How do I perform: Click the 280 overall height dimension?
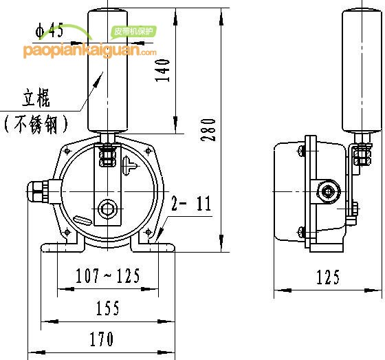(x=208, y=130)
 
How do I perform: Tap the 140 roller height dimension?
(x=162, y=70)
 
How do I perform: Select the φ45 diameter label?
(x=49, y=30)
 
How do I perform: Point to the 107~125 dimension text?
(x=107, y=275)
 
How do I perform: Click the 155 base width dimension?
(x=107, y=308)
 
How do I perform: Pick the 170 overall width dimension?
(x=102, y=339)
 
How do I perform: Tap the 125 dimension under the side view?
(x=328, y=277)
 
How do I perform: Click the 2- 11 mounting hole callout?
(x=191, y=203)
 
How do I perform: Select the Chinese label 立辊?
(x=36, y=98)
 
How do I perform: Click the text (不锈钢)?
(x=36, y=124)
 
